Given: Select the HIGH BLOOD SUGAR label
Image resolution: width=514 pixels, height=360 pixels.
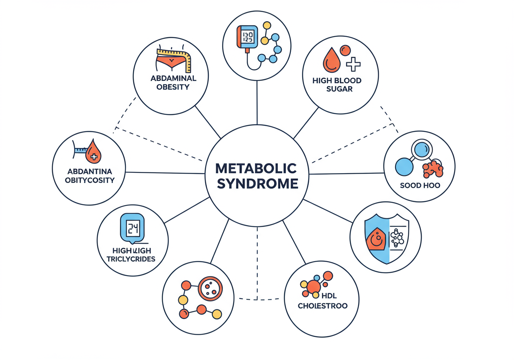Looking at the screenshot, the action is pos(337,85).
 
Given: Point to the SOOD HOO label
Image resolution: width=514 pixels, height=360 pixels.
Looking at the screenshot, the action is pos(420,186).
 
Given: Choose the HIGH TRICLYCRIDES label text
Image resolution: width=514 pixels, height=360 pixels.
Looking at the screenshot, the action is pos(131,254).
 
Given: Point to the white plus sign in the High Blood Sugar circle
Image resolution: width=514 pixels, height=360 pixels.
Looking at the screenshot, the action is pos(353,64).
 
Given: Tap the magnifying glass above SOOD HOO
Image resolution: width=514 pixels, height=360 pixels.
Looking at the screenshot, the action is pos(422,151).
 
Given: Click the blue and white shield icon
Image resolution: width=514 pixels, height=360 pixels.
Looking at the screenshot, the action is pos(386,237).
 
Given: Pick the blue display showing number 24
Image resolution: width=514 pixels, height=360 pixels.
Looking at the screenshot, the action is pos(132,229).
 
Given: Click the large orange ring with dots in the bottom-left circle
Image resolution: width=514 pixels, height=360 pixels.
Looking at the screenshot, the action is pos(210,288).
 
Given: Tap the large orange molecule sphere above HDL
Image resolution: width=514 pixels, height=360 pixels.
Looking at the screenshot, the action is pos(314,286).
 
